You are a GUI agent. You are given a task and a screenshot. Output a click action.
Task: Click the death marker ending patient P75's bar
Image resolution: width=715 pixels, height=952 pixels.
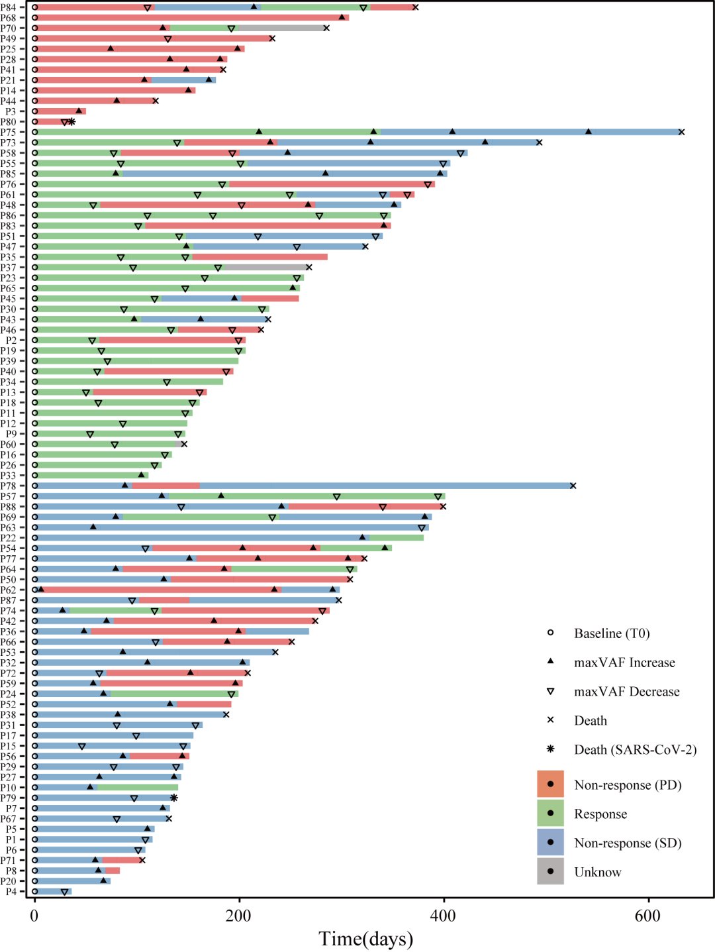tap(681, 132)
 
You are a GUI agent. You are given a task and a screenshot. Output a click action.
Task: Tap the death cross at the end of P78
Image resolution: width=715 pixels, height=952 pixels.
tap(573, 486)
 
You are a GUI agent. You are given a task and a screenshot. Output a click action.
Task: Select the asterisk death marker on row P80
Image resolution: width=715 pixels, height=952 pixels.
tap(71, 122)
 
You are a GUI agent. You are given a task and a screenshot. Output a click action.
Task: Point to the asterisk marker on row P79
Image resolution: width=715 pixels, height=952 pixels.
tap(173, 798)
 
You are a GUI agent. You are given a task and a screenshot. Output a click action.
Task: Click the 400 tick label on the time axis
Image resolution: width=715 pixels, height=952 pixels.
tap(443, 916)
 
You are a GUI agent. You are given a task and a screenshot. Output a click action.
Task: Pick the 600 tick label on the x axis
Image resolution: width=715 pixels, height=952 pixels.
tap(647, 916)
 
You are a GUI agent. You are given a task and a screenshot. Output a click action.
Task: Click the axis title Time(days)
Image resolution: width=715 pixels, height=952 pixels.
tap(365, 939)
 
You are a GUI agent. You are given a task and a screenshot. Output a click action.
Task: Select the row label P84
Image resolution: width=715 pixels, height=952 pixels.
tap(9, 7)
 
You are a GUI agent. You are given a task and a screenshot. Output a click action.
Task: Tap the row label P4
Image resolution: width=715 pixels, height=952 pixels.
tap(11, 892)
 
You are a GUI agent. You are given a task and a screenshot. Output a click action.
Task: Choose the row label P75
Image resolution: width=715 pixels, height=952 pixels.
tap(9, 132)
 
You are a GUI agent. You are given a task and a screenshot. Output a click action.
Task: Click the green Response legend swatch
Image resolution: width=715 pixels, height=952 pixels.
tap(550, 814)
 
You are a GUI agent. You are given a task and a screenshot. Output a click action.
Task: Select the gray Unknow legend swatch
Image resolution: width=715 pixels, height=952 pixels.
tap(550, 871)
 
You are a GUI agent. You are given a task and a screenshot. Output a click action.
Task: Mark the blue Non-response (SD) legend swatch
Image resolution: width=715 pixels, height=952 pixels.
tap(550, 842)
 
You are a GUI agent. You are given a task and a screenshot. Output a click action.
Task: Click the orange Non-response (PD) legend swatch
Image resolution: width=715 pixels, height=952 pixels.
tap(550, 784)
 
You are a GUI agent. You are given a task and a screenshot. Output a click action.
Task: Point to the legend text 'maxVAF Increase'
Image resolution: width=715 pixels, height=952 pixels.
tap(624, 662)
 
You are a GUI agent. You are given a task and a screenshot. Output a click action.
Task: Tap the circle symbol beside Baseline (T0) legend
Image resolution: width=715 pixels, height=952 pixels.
tap(550, 633)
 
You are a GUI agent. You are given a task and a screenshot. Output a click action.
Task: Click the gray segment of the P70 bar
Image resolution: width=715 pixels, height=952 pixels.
tap(281, 28)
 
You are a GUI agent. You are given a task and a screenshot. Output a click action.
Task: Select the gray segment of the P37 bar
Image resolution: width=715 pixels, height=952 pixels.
tap(265, 268)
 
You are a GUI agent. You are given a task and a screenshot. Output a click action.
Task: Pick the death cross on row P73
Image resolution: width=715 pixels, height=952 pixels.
tap(539, 142)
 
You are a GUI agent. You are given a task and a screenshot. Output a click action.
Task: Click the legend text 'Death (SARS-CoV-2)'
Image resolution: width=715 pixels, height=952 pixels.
tap(635, 749)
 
